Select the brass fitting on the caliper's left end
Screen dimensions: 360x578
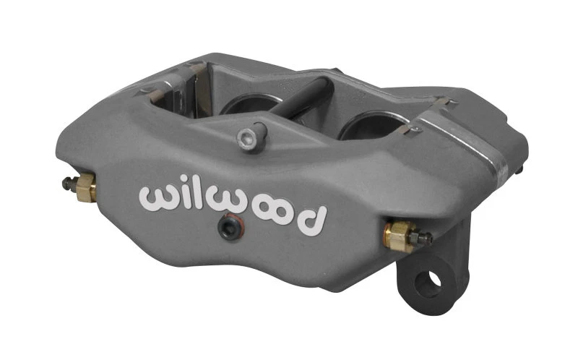point(86,188)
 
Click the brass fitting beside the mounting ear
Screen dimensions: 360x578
point(399,233)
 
